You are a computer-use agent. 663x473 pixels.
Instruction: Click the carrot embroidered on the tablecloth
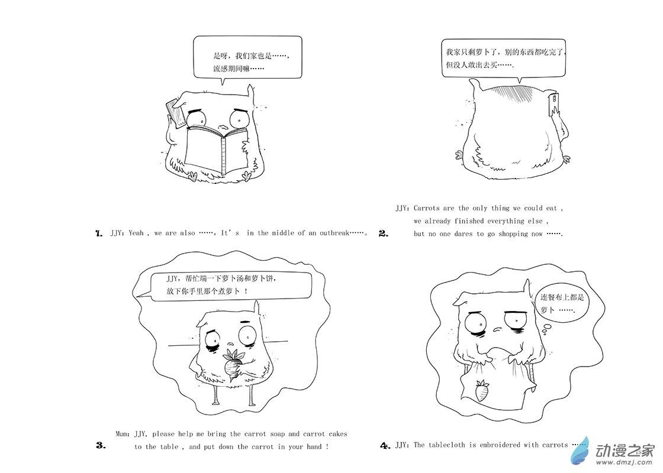(482, 391)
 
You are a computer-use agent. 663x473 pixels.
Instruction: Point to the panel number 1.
(99, 233)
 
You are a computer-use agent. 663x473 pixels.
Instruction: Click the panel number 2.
(384, 234)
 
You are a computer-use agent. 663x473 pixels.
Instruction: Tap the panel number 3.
(101, 445)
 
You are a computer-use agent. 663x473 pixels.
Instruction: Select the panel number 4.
(385, 445)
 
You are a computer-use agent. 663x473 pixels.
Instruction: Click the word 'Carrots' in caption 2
(427, 208)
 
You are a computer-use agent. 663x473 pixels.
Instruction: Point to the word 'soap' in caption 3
(278, 434)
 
